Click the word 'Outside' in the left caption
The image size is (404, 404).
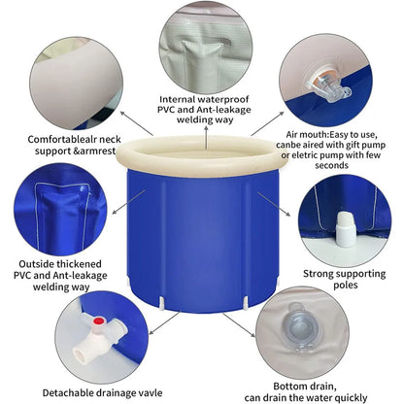pyautogui.click(x=34, y=263)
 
